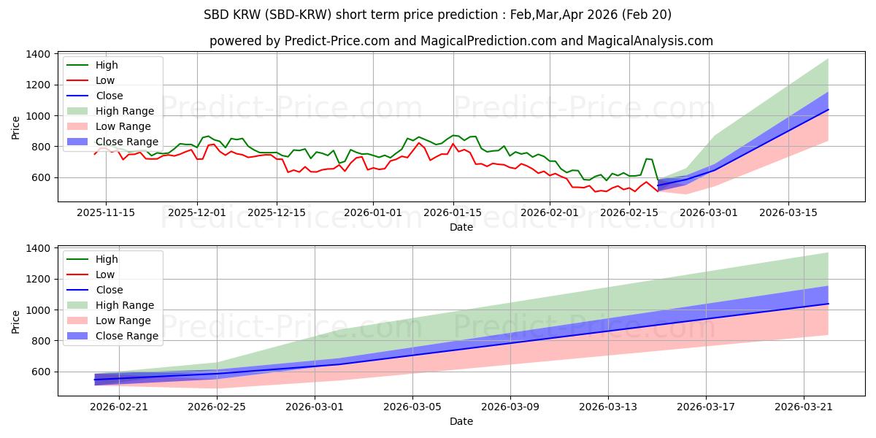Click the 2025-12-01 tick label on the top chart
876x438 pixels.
[196, 212]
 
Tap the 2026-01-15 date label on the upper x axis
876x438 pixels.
[453, 212]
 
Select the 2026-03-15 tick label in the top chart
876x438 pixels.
[788, 212]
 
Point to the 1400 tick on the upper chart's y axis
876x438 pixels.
[38, 54]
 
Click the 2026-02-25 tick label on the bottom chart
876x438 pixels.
[217, 407]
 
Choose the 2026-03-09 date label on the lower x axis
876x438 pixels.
[510, 407]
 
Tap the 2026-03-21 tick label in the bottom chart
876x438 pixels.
[804, 407]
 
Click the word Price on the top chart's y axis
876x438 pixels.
[15, 128]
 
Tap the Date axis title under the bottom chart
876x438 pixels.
[461, 421]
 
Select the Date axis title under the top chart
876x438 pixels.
[461, 227]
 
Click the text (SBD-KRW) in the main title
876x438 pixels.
[299, 15]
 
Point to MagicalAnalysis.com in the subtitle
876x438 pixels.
[650, 41]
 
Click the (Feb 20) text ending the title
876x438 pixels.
[647, 15]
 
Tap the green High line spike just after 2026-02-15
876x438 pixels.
[647, 159]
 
